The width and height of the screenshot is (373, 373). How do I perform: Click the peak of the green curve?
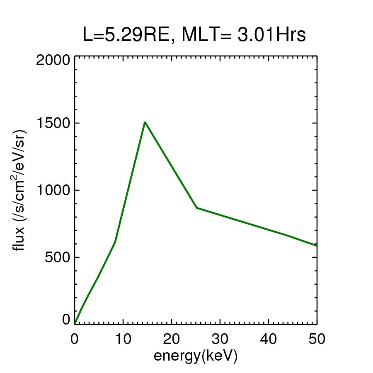pyautogui.click(x=145, y=122)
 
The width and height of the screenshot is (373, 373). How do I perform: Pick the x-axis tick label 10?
pyautogui.click(x=123, y=339)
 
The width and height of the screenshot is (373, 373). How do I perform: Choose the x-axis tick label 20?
pyautogui.click(x=171, y=339)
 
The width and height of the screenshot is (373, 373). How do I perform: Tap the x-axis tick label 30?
pyautogui.click(x=220, y=339)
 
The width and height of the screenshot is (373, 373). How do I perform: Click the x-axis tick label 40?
pyautogui.click(x=268, y=339)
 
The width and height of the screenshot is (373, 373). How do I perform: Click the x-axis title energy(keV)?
pyautogui.click(x=196, y=356)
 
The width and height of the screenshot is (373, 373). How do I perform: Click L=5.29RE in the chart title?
pyautogui.click(x=125, y=36)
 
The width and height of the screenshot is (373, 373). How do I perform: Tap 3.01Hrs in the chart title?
pyautogui.click(x=271, y=36)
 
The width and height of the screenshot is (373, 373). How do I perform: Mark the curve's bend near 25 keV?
pyautogui.click(x=197, y=208)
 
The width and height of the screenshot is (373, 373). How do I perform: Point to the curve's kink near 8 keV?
pyautogui.click(x=115, y=242)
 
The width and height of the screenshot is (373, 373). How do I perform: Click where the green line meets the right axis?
pyautogui.click(x=317, y=246)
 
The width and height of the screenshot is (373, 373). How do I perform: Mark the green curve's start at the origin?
pyautogui.click(x=75, y=323)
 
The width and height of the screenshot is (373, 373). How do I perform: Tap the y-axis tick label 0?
pyautogui.click(x=66, y=320)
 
